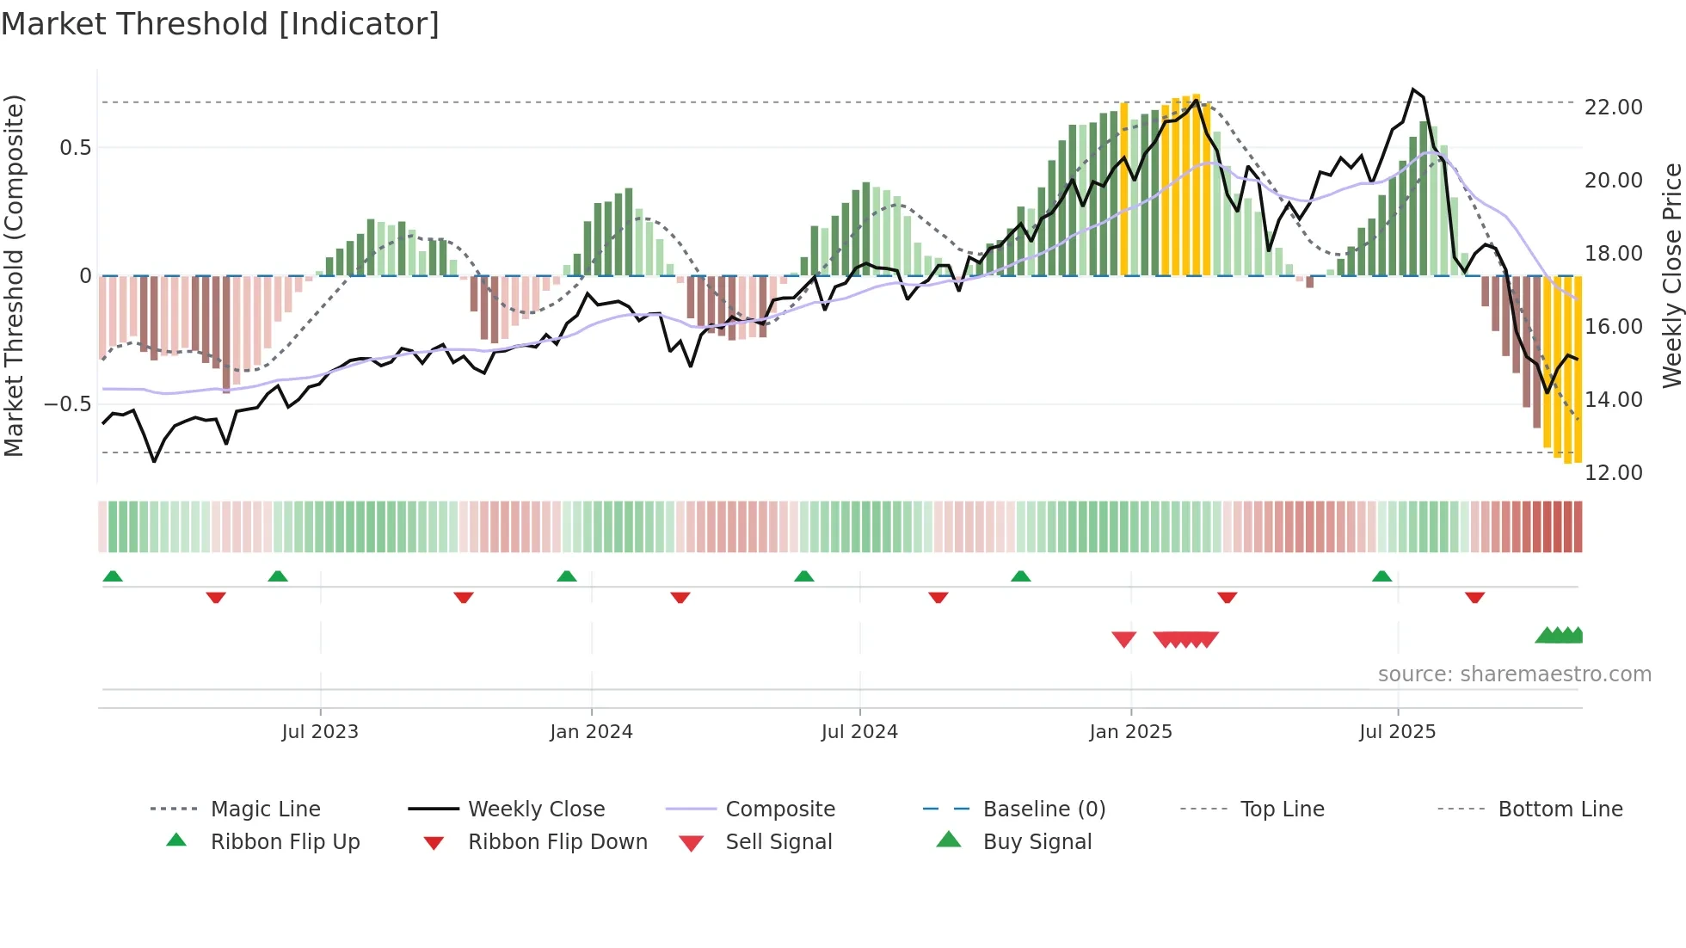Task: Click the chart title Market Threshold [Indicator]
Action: tap(220, 24)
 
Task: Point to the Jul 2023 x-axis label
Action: tap(319, 732)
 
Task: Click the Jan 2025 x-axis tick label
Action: tap(1130, 732)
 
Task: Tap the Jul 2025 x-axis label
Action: tap(1397, 732)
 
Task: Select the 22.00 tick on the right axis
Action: tap(1613, 108)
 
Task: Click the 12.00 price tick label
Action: tap(1613, 473)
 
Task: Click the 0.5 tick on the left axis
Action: tap(75, 148)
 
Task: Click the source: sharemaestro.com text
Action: tap(1514, 674)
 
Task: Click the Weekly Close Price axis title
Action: tap(1671, 275)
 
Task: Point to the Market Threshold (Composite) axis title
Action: tap(14, 275)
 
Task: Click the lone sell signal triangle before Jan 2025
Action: tap(1123, 639)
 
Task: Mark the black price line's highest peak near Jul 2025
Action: tap(1412, 89)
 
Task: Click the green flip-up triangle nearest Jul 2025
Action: tap(1381, 576)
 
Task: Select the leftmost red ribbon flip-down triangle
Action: tap(216, 597)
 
